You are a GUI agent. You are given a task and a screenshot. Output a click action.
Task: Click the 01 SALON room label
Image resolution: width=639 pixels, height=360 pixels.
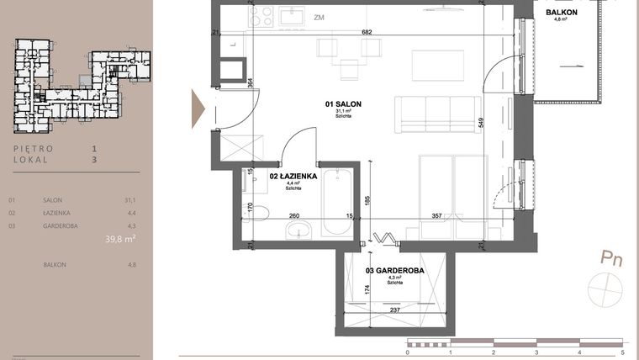point(343,103)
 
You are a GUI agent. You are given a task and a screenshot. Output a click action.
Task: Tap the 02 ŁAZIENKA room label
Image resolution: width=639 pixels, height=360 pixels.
point(293,177)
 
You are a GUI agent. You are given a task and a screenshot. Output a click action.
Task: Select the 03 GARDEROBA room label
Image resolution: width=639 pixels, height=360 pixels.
point(393,270)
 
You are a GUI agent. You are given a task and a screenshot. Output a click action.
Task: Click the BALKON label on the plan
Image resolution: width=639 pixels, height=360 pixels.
point(562,13)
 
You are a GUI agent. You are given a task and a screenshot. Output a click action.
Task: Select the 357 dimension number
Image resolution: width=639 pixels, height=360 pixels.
point(436,215)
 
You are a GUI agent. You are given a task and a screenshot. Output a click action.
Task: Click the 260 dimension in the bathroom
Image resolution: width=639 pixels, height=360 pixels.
point(294,215)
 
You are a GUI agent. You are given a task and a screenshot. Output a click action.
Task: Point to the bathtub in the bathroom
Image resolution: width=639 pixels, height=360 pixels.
point(338,202)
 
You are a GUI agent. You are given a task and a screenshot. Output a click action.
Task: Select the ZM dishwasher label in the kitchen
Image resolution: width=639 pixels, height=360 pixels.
point(319,17)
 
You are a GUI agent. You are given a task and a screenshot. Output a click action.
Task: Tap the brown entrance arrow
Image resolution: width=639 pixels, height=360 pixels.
point(198,109)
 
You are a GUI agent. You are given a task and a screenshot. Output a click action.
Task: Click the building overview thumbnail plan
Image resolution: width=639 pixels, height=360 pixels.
point(82,84)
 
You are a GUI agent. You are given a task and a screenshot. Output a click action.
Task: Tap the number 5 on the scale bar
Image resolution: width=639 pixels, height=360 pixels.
point(621,353)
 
